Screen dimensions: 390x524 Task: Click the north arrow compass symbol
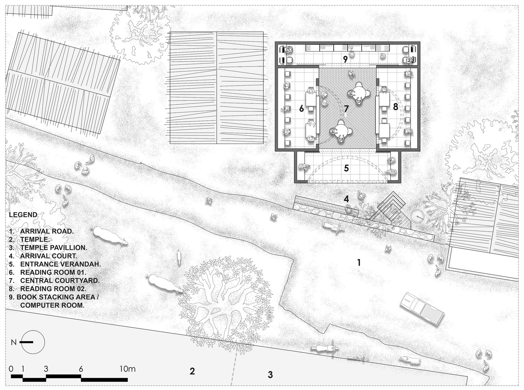33,342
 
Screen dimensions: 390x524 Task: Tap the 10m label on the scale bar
127,369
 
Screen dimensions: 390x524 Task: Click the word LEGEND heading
23,215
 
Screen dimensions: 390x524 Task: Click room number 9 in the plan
345,59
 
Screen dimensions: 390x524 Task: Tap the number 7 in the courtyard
346,108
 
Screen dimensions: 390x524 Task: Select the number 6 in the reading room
301,108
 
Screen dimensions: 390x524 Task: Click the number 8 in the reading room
395,107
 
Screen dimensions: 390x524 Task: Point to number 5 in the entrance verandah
346,168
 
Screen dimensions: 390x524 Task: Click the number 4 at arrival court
346,199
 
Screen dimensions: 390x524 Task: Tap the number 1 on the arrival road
359,262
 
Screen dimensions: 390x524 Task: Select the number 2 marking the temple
192,371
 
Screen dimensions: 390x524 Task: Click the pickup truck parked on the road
422,308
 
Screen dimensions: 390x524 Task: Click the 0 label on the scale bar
11,369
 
